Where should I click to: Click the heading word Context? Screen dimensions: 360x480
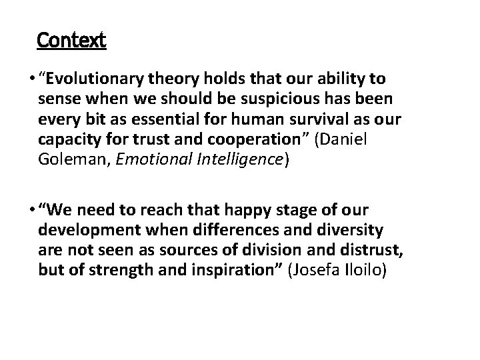click(71, 41)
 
